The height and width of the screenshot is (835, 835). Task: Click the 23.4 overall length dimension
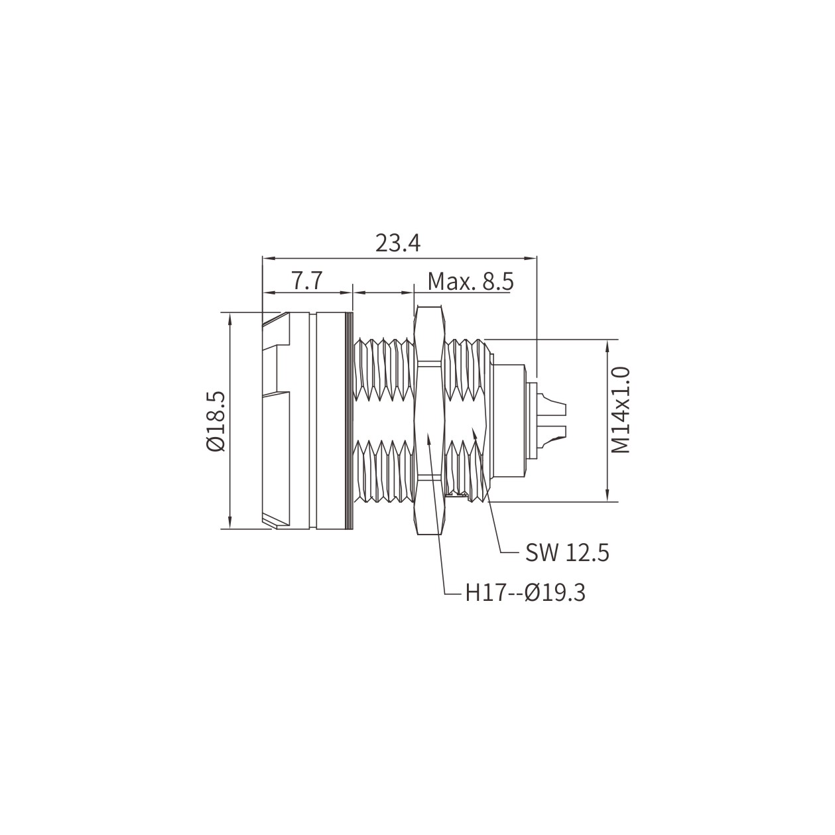[x=397, y=244]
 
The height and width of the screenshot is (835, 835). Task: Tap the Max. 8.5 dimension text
[x=471, y=282]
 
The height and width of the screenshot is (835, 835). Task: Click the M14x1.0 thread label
[x=621, y=410]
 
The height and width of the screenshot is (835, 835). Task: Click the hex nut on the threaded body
[x=428, y=420]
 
